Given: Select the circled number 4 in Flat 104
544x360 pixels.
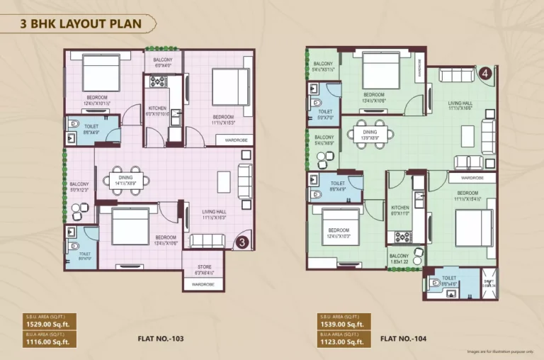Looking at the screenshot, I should point(485,72).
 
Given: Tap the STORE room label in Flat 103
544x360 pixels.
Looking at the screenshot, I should point(200,268).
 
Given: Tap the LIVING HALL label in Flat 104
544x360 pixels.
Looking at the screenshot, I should point(460,104).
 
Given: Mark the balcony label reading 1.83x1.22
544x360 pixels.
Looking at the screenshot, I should point(398,260).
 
